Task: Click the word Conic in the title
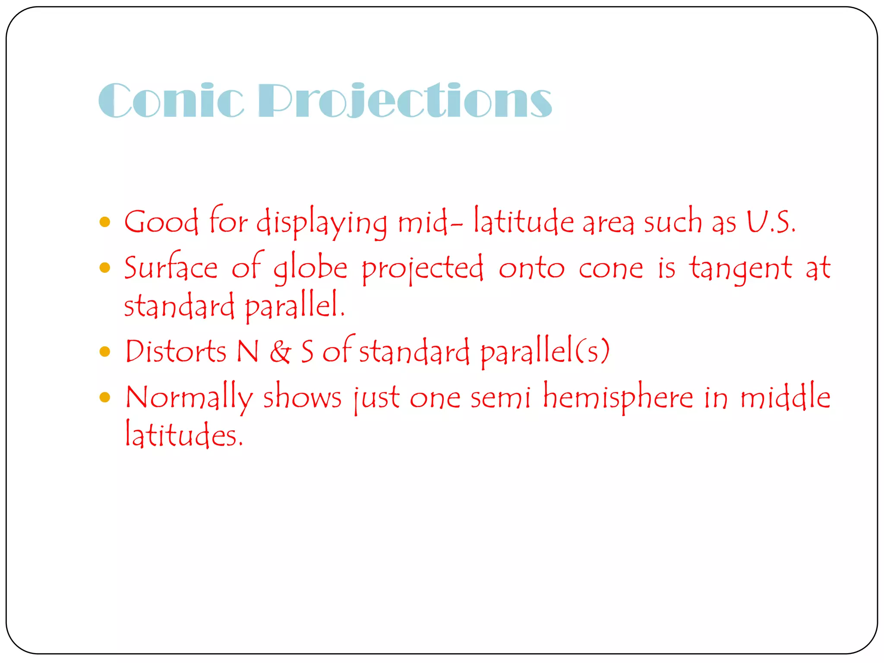pos(171,100)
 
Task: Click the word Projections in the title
pos(405,100)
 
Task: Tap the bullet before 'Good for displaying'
pos(105,222)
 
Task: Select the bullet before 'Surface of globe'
pos(105,268)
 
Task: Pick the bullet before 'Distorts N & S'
pos(105,351)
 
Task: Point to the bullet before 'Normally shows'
pos(105,397)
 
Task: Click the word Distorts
pos(176,351)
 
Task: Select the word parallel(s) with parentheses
pos(545,351)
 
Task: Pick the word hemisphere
pos(618,397)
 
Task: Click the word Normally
pos(189,397)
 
